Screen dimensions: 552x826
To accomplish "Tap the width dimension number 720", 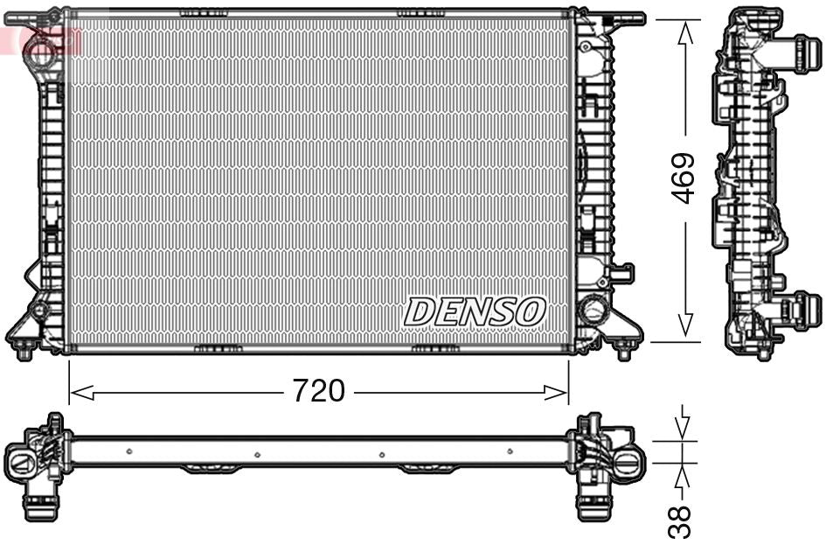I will coord(317,391).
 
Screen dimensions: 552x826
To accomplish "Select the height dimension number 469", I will coord(683,178).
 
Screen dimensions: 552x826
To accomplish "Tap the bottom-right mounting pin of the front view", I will coord(623,352).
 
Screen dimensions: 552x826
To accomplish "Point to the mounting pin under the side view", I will coord(764,352).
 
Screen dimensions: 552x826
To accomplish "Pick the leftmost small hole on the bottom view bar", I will coord(128,451).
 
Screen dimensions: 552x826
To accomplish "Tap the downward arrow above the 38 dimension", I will coord(684,426).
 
